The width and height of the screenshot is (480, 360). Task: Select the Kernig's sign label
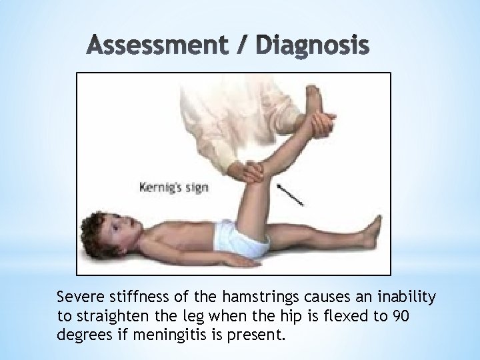pyautogui.click(x=173, y=187)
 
